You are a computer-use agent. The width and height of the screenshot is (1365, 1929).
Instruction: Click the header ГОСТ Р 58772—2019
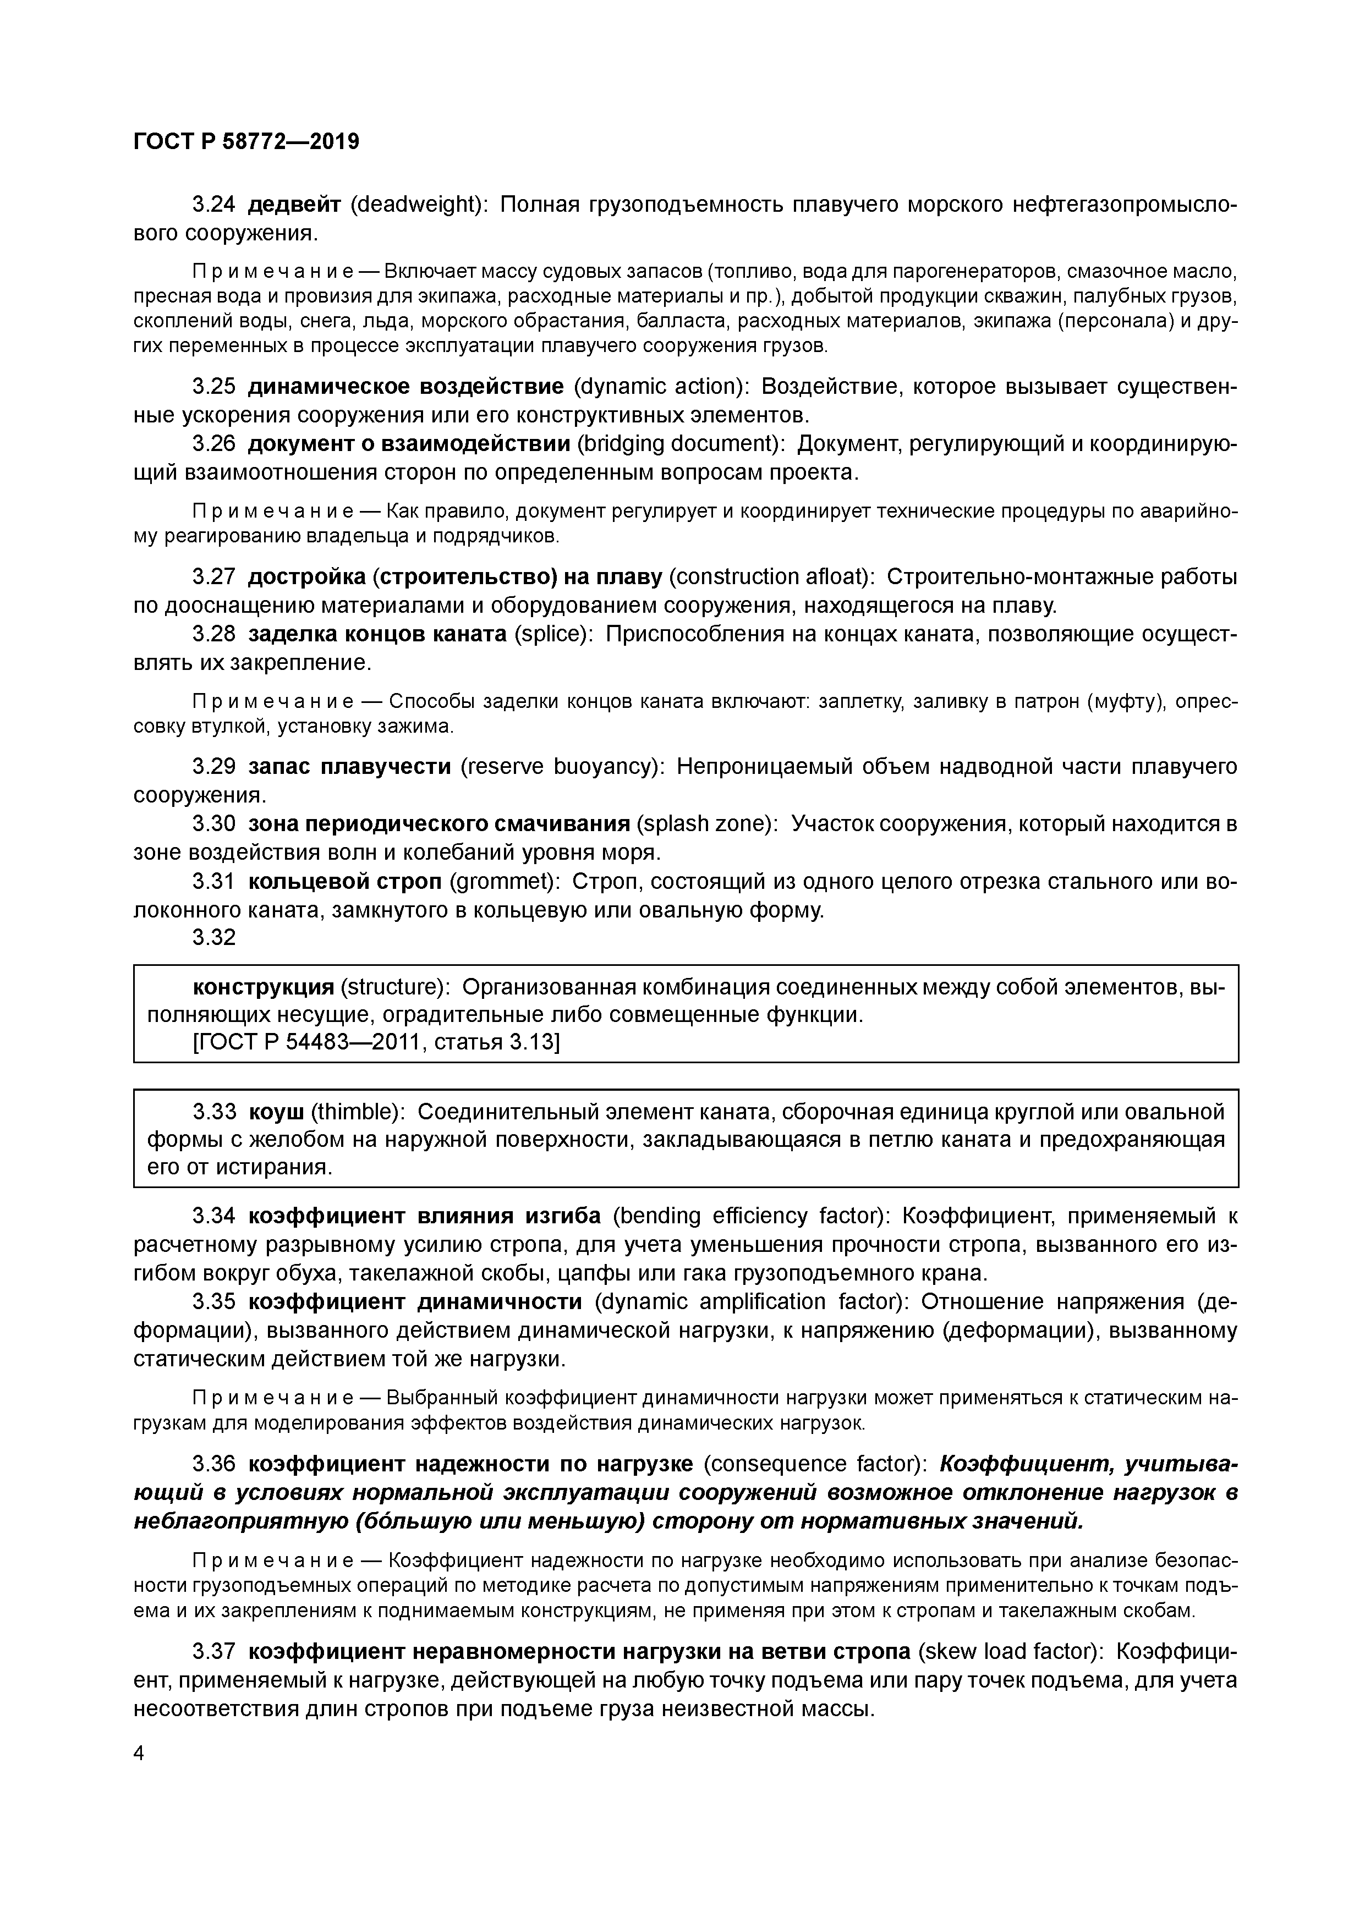point(246,142)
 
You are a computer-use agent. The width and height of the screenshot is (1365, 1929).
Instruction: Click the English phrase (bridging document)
point(681,443)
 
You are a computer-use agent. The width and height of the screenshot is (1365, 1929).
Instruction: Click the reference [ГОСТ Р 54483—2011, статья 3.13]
point(376,1043)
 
